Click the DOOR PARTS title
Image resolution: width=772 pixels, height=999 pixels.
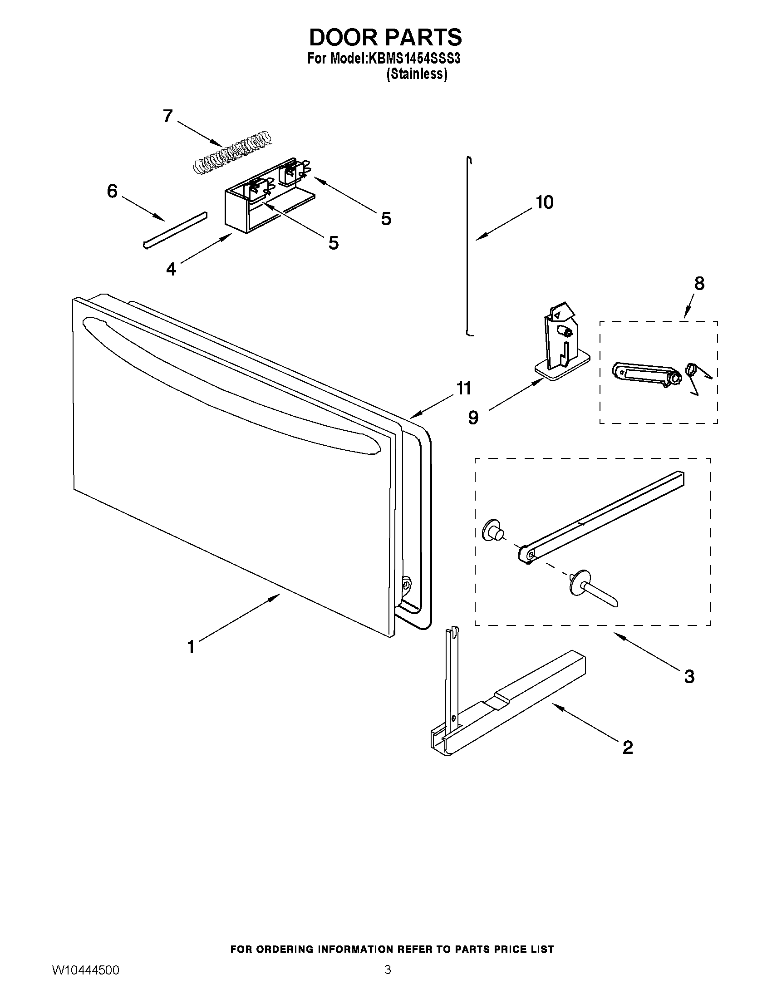click(385, 38)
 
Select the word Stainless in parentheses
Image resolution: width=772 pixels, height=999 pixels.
click(416, 74)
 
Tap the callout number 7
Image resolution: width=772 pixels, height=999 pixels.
click(168, 116)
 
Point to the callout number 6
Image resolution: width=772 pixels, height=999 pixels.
click(112, 191)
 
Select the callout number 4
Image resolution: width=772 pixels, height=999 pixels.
click(171, 269)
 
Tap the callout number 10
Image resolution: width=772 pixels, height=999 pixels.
click(545, 202)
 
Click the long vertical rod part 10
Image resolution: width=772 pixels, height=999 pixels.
click(468, 247)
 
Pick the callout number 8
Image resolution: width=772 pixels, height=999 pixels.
click(699, 284)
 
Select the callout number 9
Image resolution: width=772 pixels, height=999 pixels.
click(473, 417)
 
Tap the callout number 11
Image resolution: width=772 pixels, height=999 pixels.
click(463, 389)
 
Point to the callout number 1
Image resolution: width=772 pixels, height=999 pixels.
click(191, 647)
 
